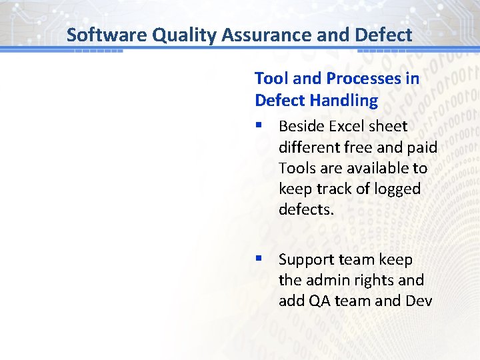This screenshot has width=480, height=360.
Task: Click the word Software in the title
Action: click(107, 35)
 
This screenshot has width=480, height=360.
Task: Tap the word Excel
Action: click(345, 126)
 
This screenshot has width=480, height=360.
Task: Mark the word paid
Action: click(420, 147)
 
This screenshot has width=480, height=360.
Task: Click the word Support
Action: click(307, 259)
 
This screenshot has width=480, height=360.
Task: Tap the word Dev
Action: click(418, 301)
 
